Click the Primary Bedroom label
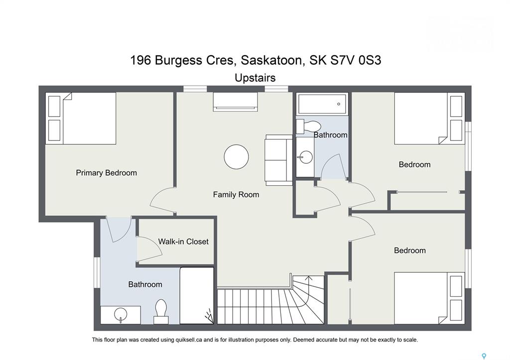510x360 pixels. point(107,173)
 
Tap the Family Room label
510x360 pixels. point(236,195)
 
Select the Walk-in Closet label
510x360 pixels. point(183,241)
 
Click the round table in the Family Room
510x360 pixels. point(237,157)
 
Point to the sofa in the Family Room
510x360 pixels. point(279,160)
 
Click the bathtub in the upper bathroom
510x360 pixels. point(322,104)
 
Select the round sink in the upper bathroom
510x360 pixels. point(305,157)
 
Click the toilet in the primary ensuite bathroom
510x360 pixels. point(161,311)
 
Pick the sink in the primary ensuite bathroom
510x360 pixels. point(121,315)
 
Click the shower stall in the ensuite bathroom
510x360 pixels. point(197,296)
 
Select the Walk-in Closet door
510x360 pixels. point(149,250)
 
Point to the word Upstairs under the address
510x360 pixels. point(255,78)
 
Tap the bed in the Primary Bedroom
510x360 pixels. point(81,119)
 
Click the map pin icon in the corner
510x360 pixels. point(484,356)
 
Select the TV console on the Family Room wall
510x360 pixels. point(236,102)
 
